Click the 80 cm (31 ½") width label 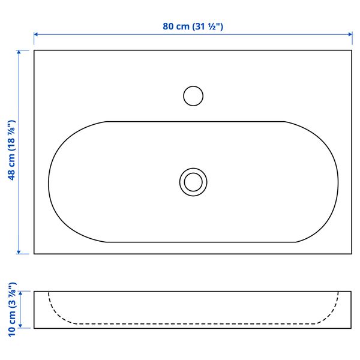pos(193,26)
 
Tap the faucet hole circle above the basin pos(193,96)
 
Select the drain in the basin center pos(193,181)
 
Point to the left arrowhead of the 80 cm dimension pos(36,35)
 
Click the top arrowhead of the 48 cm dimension pos(20,53)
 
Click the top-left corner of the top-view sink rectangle pos(34,50)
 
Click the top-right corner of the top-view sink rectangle pos(352,50)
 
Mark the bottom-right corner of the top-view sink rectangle pos(352,254)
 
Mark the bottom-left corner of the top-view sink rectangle pos(34,254)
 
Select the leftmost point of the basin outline pos(49,181)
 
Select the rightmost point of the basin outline pos(338,181)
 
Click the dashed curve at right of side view pos(331,310)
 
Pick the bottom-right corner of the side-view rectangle pos(352,328)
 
